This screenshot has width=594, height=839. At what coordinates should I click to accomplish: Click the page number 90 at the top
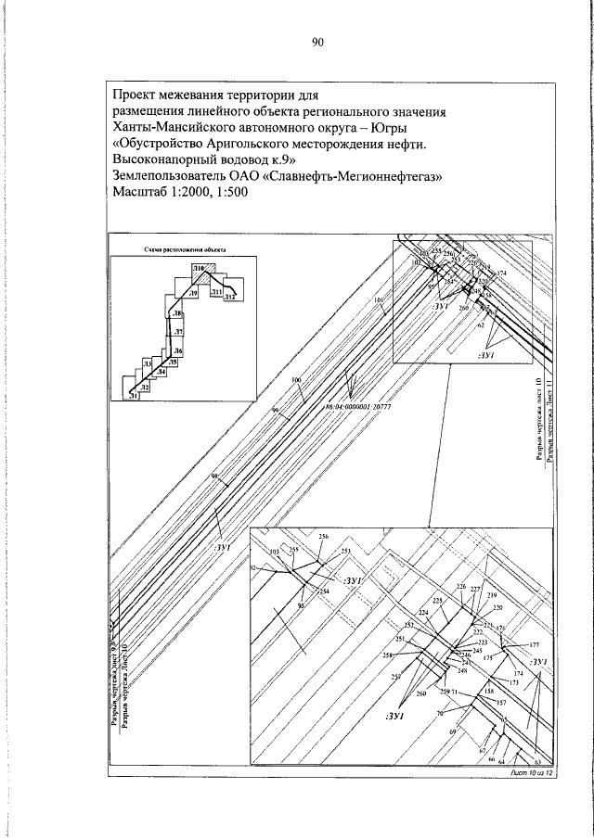pyautogui.click(x=316, y=42)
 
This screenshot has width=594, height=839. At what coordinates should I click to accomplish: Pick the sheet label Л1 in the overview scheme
pyautogui.click(x=135, y=396)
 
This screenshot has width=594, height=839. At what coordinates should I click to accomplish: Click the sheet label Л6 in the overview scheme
pyautogui.click(x=178, y=351)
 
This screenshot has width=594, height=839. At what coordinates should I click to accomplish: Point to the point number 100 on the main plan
pyautogui.click(x=296, y=380)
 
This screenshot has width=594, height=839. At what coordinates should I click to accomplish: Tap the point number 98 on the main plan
pyautogui.click(x=215, y=477)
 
